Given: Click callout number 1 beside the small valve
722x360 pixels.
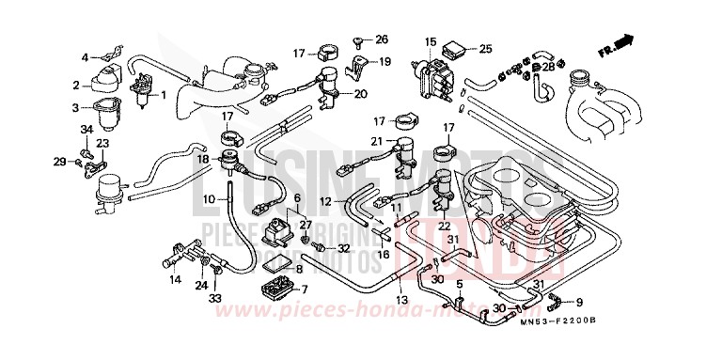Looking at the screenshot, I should (x=163, y=94).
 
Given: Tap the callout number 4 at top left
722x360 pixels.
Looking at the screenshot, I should (x=85, y=56).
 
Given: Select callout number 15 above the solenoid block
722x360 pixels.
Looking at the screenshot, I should (x=430, y=41).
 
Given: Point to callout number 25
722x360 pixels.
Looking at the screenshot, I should (x=485, y=48).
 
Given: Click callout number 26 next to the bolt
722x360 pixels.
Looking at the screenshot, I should (x=382, y=39).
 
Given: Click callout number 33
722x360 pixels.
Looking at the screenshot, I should (x=214, y=298).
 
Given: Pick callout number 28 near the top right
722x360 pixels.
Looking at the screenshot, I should (x=549, y=67).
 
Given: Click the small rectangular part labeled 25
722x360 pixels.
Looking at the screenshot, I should (x=457, y=47).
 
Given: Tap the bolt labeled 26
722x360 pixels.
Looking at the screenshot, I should (x=361, y=42).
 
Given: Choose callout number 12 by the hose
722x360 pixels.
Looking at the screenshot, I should (x=324, y=202).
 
